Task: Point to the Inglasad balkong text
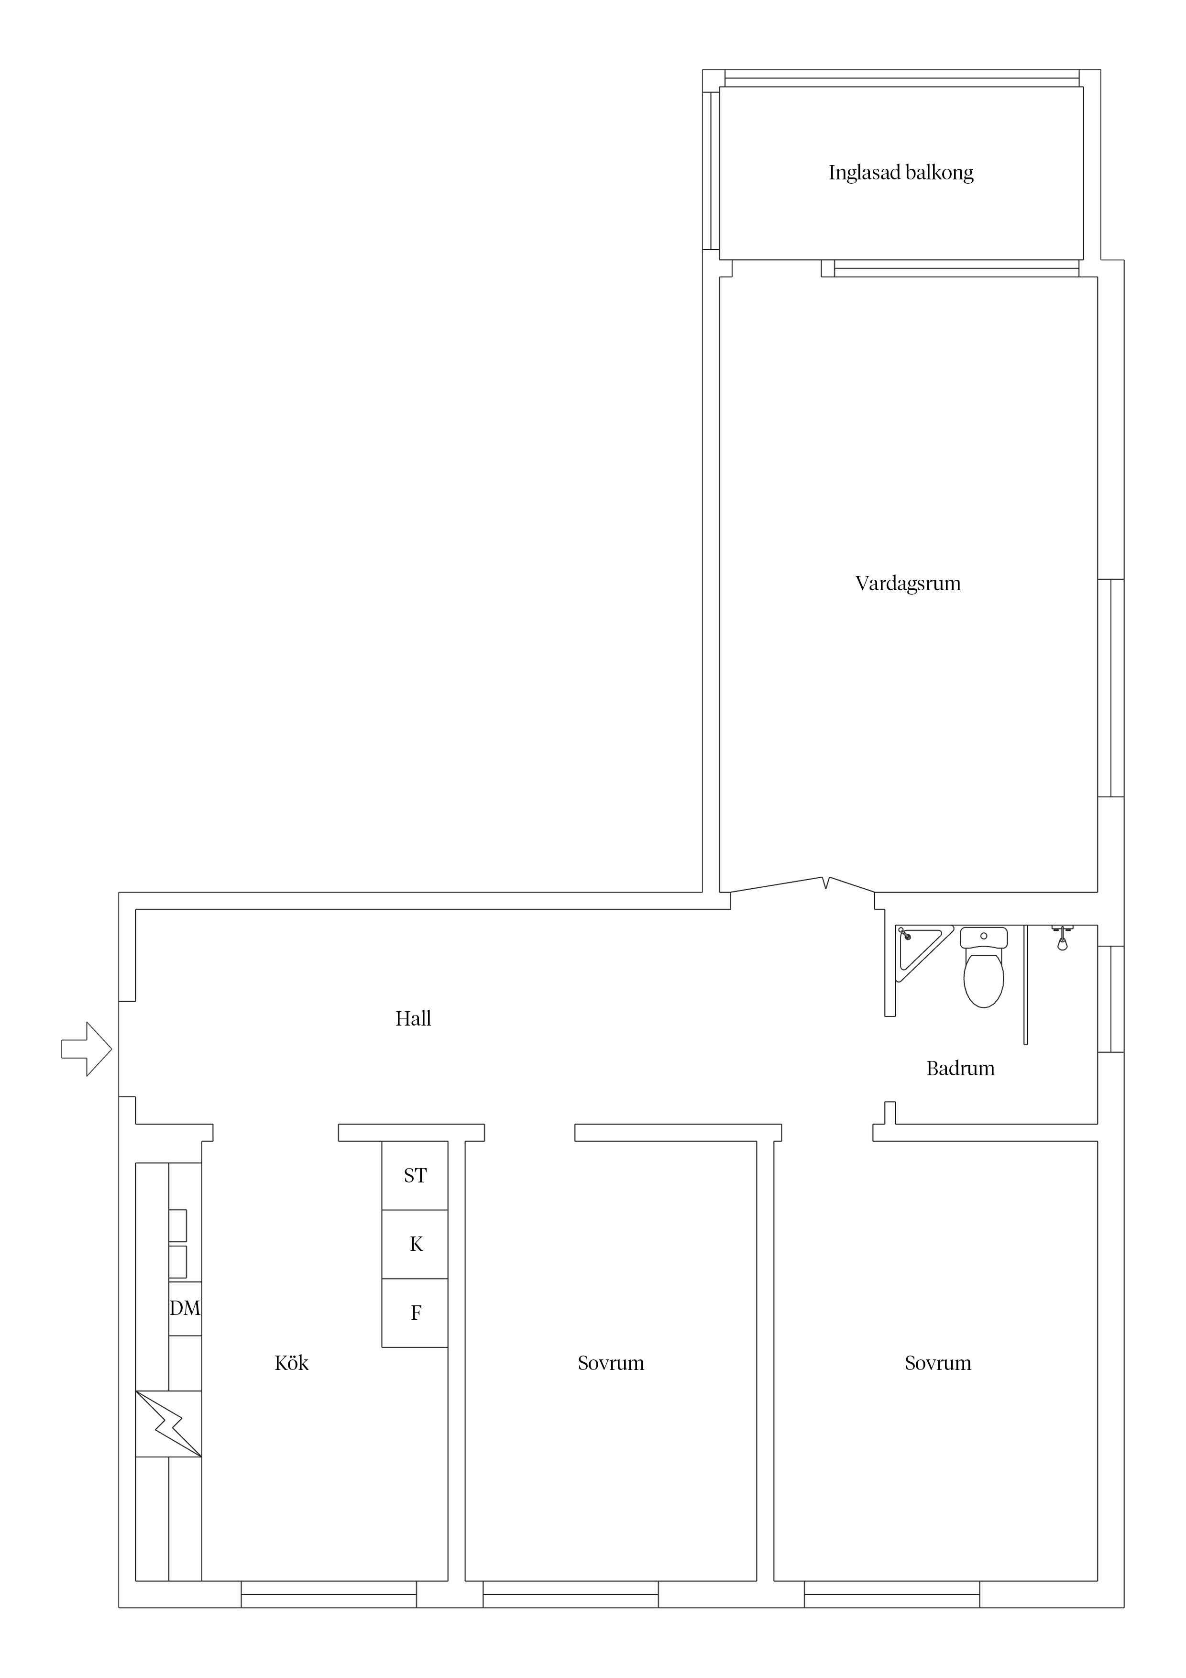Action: (901, 173)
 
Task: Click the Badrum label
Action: (960, 1069)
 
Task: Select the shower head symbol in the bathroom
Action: (1063, 938)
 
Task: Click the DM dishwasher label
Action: (185, 1308)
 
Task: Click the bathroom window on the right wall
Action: (1111, 999)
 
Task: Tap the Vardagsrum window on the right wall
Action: (1111, 688)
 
